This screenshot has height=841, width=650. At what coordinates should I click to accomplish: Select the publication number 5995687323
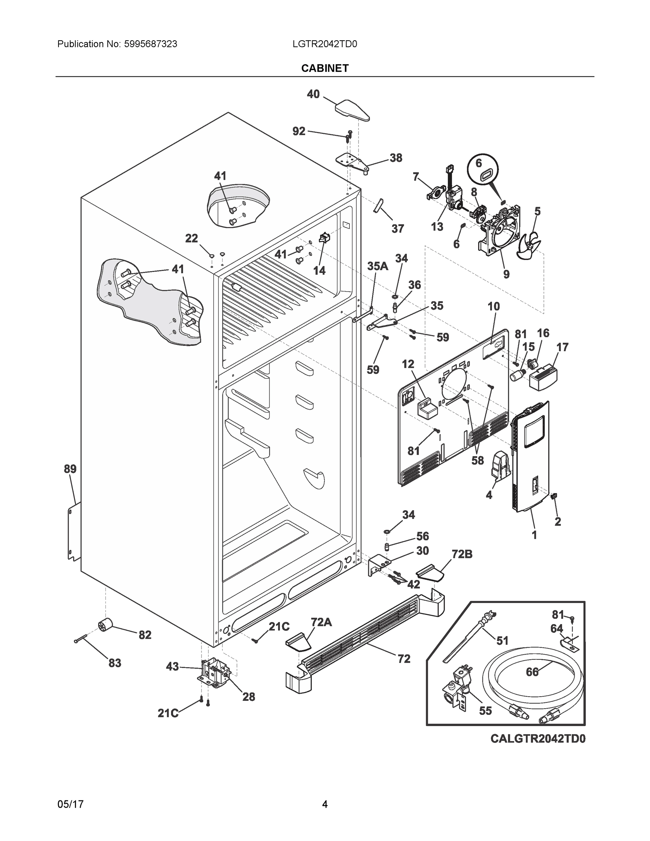point(150,44)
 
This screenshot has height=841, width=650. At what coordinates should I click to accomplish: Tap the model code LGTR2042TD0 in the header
point(324,44)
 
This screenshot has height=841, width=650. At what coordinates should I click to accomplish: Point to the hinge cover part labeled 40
point(351,110)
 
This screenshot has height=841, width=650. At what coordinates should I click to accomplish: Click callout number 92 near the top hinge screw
point(299,131)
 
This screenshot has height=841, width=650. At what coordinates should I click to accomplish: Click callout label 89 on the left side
point(70,469)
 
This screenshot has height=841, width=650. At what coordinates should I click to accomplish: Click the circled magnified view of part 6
point(483,171)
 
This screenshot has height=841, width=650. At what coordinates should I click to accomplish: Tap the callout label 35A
point(377,266)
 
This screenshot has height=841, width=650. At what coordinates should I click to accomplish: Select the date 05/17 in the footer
point(70,804)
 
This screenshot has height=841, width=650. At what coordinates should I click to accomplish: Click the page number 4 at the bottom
point(324,804)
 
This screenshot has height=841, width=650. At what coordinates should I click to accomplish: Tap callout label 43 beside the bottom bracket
point(172,666)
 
